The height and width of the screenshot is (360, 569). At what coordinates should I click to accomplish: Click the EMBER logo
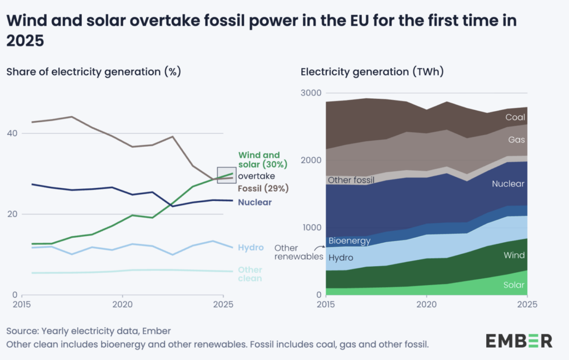click(x=518, y=340)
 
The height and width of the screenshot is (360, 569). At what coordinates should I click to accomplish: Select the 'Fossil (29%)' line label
click(x=263, y=188)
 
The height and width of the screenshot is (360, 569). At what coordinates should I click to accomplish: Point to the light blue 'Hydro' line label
click(x=251, y=247)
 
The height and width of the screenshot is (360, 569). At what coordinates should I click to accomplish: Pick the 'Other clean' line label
click(x=250, y=274)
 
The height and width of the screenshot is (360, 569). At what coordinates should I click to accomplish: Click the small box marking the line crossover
click(x=227, y=174)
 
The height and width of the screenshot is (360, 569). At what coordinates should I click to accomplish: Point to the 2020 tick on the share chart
click(x=122, y=305)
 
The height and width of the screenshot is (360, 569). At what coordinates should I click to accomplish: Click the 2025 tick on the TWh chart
click(x=527, y=305)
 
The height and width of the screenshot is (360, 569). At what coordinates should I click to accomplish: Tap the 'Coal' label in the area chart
click(x=515, y=117)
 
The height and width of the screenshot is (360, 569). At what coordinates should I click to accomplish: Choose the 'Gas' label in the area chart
click(x=516, y=140)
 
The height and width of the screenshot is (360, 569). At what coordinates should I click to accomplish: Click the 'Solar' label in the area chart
click(x=513, y=285)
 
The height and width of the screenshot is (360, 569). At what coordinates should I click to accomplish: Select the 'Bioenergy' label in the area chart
click(x=349, y=241)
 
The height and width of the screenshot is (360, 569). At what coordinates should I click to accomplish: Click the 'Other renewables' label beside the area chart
click(x=299, y=252)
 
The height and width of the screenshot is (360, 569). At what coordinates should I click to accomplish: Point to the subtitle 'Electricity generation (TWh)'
click(x=372, y=72)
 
